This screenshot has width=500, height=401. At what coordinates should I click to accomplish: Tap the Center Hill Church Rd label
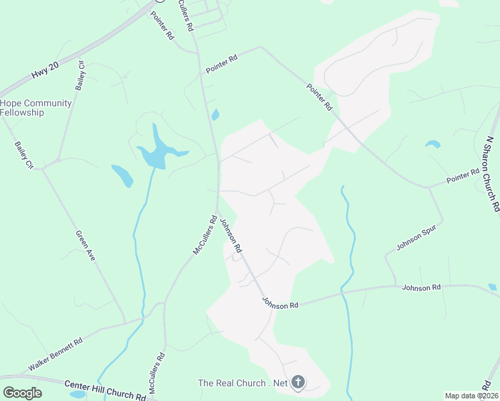tap(105, 390)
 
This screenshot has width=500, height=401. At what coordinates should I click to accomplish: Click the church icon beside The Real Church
tap(298, 383)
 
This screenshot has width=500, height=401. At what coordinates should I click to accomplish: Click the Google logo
tap(22, 393)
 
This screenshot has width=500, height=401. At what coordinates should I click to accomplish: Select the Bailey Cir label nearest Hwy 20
tap(81, 76)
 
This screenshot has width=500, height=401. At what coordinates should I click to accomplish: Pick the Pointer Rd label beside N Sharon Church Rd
tap(463, 176)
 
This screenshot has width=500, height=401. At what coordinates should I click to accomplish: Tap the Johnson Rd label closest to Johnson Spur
tap(421, 287)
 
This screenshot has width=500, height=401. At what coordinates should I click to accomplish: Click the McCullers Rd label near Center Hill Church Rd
tap(159, 372)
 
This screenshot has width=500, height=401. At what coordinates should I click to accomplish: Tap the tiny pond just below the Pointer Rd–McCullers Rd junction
tap(215, 115)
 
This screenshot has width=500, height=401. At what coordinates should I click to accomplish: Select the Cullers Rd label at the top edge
tap(186, 15)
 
